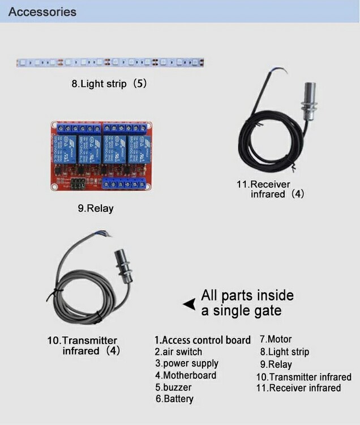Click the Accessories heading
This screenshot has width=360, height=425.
pos(42,12)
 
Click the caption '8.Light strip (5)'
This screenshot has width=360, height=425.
pos(109,83)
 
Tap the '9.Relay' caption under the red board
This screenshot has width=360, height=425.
pos(96,209)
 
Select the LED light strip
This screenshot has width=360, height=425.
pos(110,62)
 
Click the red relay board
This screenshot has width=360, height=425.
pos(101,156)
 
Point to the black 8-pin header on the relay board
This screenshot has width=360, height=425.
pos(78,184)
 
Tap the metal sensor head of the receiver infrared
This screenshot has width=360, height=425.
pos(310,101)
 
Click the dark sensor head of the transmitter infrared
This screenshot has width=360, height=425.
pos(124,266)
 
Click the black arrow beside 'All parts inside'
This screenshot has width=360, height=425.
pos(190,304)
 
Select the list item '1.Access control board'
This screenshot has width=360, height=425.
pos(203,340)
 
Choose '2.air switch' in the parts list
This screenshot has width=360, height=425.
pos(178,352)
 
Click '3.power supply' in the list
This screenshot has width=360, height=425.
pos(187,364)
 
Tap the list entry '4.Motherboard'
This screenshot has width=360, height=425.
pos(186,375)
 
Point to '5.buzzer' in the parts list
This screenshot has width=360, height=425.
pos(174,388)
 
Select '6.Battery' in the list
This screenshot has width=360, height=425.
pos(174,399)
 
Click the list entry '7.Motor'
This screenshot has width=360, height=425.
pos(276,339)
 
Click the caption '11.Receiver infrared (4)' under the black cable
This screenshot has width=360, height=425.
pos(271,189)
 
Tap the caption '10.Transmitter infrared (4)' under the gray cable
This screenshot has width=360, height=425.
pos(84,346)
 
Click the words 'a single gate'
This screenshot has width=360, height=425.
pos(241,311)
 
